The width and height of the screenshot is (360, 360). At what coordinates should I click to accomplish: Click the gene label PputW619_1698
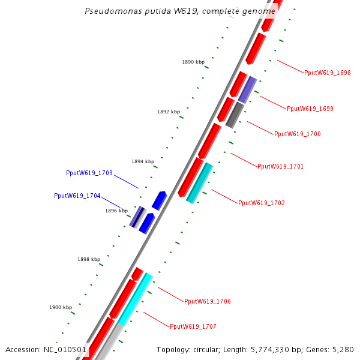click(x=328, y=73)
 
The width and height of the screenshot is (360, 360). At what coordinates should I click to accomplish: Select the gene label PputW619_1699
click(x=310, y=109)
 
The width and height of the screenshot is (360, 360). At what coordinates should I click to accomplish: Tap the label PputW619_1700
click(x=298, y=134)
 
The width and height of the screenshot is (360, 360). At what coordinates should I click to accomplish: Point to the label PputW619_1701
click(x=281, y=166)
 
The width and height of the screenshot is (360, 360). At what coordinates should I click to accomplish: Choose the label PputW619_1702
click(x=262, y=203)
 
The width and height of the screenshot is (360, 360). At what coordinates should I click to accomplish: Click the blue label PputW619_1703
click(x=89, y=173)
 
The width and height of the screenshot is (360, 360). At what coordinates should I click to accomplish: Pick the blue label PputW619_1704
click(x=77, y=196)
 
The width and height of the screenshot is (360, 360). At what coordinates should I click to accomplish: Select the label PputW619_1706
click(x=208, y=301)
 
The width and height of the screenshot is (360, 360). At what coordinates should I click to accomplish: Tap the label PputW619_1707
click(x=193, y=326)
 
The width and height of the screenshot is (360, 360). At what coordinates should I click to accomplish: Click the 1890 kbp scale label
click(x=193, y=62)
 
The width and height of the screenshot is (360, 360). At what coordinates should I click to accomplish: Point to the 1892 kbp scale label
click(x=169, y=112)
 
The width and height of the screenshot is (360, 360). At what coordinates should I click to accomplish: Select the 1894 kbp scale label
click(x=143, y=161)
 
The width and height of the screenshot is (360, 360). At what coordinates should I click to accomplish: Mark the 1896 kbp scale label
click(x=116, y=211)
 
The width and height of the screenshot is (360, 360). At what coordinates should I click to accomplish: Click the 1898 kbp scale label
click(x=89, y=259)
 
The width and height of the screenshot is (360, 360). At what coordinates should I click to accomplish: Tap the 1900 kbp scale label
click(x=61, y=307)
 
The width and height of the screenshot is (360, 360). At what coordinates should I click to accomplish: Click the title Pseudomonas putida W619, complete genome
click(x=180, y=11)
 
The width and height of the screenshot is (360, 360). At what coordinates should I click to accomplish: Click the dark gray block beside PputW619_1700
click(x=235, y=115)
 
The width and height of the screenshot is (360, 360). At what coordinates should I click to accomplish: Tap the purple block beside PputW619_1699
click(x=247, y=89)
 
